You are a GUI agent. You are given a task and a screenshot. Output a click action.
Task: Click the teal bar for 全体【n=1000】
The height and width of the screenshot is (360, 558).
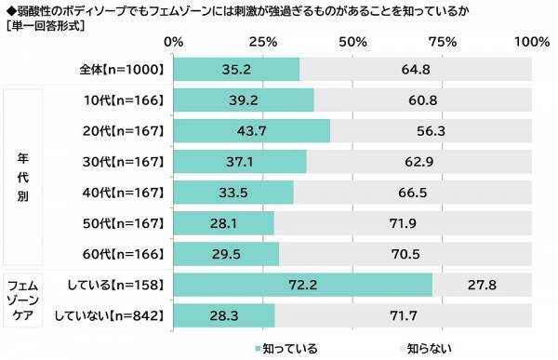click(236, 68)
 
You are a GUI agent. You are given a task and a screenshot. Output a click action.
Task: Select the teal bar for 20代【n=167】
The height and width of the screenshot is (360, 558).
click(251, 131)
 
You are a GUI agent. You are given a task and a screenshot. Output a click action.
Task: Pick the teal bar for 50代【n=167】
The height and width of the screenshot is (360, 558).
click(223, 223)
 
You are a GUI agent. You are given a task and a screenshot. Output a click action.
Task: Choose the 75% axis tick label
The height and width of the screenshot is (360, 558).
click(443, 42)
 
